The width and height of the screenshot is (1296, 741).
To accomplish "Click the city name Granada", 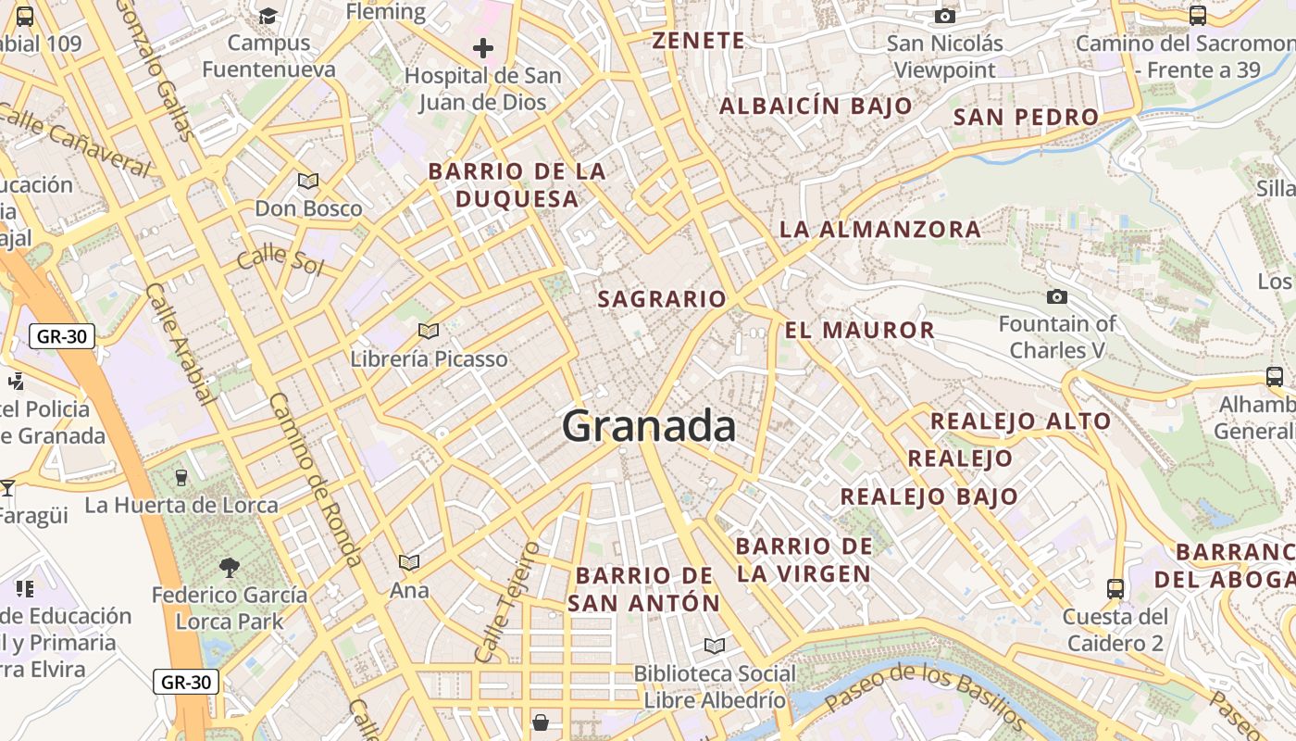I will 649,426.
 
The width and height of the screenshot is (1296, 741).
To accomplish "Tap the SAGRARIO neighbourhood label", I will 662,299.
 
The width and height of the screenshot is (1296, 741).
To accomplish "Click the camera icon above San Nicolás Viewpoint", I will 945,16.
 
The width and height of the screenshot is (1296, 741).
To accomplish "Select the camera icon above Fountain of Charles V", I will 1056,296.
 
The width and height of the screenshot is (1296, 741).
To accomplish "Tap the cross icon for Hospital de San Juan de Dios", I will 482,48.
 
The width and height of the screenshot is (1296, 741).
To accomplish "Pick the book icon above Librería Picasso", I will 428,331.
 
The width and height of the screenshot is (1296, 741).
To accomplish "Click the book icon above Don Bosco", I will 307,181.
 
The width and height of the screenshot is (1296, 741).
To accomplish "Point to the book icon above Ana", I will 408,562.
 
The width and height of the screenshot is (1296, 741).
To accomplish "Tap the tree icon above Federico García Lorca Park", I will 229,567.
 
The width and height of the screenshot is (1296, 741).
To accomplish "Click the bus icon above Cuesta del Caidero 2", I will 1115,588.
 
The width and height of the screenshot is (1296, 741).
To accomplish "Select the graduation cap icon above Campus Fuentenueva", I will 268,16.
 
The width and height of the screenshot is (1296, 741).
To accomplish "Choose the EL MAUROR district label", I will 859,331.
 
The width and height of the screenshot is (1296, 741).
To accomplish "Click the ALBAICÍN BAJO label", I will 816,107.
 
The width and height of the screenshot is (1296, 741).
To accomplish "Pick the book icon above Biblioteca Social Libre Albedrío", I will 715,646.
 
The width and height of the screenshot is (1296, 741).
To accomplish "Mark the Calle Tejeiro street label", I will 507,602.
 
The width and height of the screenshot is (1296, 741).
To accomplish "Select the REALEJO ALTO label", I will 1020,421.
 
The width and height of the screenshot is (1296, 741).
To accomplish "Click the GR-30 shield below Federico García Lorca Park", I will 186,683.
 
